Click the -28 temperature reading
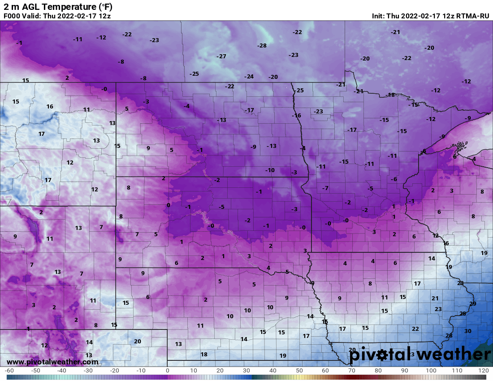click(262, 46)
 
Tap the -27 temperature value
click(221, 56)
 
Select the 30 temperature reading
click(467, 331)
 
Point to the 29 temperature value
click(472, 304)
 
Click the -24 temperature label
click(249, 77)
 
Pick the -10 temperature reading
click(269, 170)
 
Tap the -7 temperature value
click(325, 188)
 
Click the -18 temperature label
click(390, 95)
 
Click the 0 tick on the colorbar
click(167, 371)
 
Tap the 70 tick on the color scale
click(352, 371)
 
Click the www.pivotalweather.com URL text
click(52, 362)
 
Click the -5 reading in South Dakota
click(221, 207)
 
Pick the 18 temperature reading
click(204, 354)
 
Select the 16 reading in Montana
click(50, 107)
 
